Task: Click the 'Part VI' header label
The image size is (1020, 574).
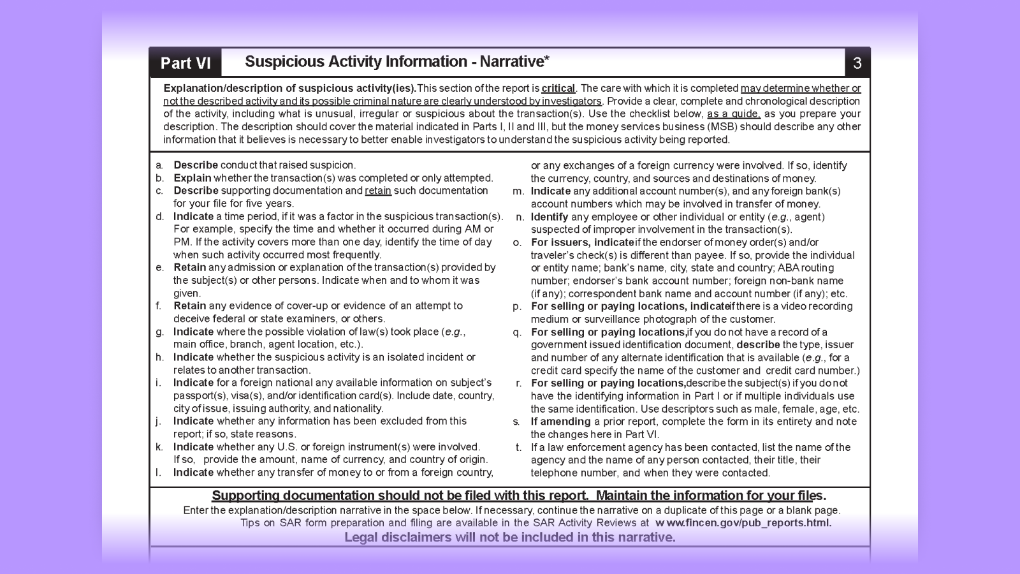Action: tap(185, 63)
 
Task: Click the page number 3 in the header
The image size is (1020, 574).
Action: tap(857, 63)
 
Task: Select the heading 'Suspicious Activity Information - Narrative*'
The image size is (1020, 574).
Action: tap(397, 62)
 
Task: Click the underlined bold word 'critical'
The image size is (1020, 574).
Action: tap(558, 89)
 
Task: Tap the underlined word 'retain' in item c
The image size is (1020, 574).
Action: tap(378, 191)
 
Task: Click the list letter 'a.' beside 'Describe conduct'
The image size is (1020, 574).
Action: tap(159, 165)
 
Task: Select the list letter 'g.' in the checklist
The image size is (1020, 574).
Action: tap(159, 332)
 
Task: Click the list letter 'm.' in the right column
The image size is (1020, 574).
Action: tap(518, 191)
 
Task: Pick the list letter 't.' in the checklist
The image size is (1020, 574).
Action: tap(519, 447)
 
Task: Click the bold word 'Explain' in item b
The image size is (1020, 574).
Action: tap(192, 178)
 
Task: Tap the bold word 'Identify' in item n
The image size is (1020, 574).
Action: tap(550, 217)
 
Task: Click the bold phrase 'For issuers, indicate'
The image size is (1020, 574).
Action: tap(582, 242)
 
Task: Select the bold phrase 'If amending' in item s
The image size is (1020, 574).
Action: tap(560, 422)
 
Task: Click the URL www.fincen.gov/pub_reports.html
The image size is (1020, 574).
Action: tap(743, 523)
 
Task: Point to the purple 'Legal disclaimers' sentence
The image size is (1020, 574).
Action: tap(510, 537)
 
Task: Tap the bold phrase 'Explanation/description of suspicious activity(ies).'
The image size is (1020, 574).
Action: tap(289, 89)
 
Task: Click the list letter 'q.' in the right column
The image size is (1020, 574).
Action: tap(517, 332)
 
